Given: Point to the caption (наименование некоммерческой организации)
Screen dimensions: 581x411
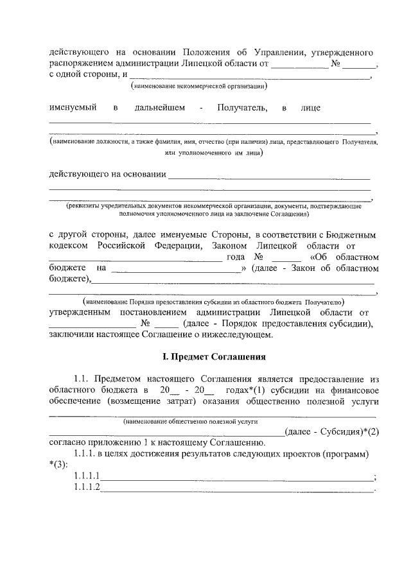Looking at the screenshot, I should tap(198, 86).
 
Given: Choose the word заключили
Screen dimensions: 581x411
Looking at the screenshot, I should tap(72, 335).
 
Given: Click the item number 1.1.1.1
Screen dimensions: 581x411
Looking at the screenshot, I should tap(87, 476).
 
